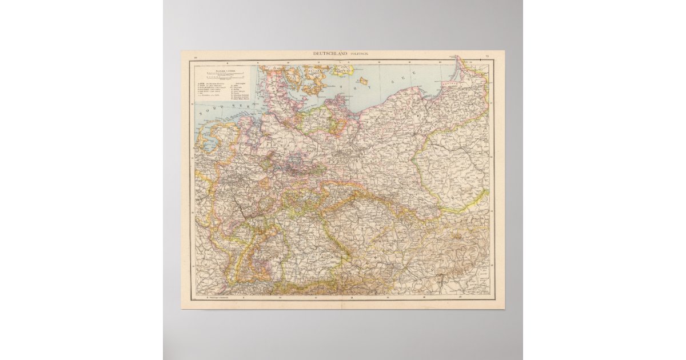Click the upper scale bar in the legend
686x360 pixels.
[x=224, y=73]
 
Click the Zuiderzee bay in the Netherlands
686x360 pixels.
[x=207, y=141]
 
